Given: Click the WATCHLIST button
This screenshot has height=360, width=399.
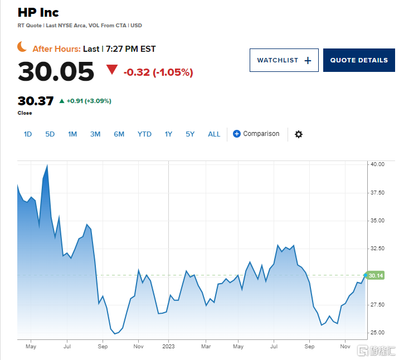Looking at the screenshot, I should [x=284, y=60].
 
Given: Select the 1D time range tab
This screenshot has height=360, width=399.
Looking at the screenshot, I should [x=28, y=134].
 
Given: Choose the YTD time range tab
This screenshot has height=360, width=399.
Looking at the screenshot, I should [x=144, y=134].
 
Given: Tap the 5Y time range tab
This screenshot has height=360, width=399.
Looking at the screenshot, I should [x=190, y=134].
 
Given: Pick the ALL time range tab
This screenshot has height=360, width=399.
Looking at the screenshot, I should [x=214, y=134].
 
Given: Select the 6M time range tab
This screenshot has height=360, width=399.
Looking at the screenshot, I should [x=119, y=134].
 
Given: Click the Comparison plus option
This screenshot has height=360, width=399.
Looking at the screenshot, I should [x=256, y=134].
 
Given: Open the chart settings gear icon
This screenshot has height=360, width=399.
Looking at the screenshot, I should [x=299, y=134].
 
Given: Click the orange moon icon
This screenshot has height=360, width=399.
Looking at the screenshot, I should [x=22, y=47].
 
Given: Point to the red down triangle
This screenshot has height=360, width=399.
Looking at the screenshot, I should [x=112, y=70].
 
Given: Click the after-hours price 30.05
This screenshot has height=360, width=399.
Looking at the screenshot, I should [x=56, y=71].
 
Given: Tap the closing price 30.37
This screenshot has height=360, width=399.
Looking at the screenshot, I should [x=36, y=101].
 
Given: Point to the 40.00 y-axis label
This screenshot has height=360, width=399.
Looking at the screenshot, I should [x=377, y=164].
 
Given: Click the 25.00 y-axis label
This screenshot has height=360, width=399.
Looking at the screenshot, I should [x=377, y=333].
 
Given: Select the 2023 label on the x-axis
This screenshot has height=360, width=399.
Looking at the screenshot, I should [x=169, y=346].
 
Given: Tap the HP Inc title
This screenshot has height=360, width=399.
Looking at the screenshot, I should [x=38, y=12].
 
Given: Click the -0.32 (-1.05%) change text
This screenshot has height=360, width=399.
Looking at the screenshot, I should [x=158, y=72].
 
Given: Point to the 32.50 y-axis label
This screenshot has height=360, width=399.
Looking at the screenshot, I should [x=377, y=249].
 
